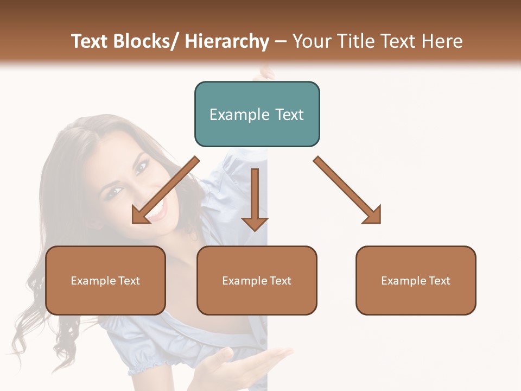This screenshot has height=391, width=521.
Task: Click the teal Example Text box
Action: tap(257, 114)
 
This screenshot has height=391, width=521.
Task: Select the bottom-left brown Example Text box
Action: tap(105, 280)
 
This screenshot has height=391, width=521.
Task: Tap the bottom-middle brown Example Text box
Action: tap(257, 280)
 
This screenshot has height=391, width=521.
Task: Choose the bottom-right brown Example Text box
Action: tap(416, 280)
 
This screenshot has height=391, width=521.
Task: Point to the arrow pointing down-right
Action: tap(347, 190)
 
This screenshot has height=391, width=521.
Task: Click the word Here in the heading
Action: tap(443, 41)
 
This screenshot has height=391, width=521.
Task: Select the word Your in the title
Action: tap(312, 41)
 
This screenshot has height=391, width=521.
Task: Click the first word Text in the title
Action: tap(91, 41)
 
